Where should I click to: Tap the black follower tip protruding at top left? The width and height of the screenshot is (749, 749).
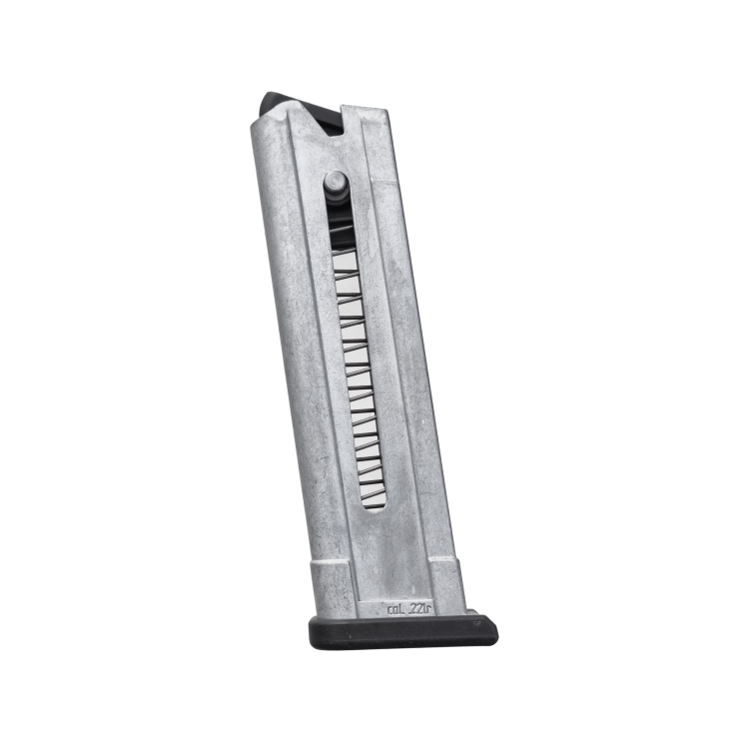275,103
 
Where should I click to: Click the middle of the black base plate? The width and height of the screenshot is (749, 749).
401,632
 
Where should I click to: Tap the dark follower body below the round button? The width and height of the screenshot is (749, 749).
338,215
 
